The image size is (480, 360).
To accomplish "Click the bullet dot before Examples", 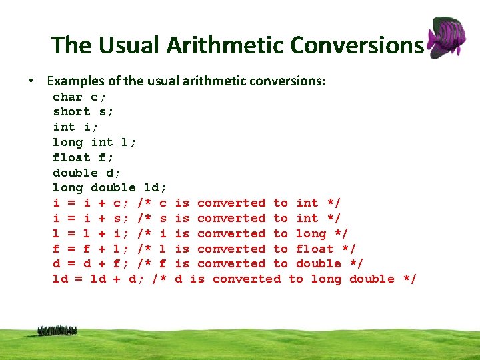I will click(x=31, y=81).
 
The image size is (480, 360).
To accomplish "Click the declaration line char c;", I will click(x=79, y=97).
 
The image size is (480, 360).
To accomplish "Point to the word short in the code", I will click(x=71, y=112).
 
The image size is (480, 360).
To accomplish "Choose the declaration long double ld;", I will click(x=109, y=188).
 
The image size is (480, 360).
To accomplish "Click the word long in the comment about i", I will click(x=311, y=233).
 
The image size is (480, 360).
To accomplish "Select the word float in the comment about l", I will click(x=315, y=249).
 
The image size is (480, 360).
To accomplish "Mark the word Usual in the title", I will click(x=121, y=45).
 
